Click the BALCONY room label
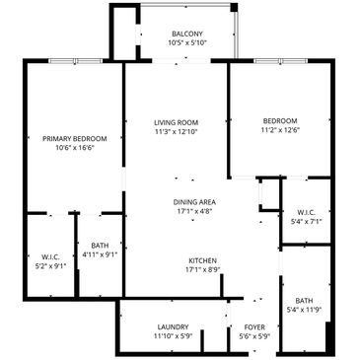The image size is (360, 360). coord(187,34)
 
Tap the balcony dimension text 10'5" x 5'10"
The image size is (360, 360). coord(187,42)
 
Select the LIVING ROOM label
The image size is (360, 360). coord(177,123)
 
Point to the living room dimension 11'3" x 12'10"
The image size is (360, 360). coord(177,132)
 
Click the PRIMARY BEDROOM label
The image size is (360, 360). coord(75,139)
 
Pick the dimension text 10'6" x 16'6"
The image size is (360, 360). coord(75,148)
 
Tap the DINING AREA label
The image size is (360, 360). coord(194,202)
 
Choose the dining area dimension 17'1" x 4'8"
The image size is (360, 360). coord(194,211)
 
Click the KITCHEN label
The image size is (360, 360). coord(202,261)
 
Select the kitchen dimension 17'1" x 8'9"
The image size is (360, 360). coord(202,270)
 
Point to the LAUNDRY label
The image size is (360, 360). coord(173,327)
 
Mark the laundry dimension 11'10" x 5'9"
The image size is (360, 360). coord(173,336)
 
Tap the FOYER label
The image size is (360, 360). coord(254,327)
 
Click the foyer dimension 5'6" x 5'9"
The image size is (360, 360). coord(254,336)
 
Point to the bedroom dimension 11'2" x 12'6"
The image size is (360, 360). coord(280,130)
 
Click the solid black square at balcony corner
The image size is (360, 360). coord(234,8)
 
